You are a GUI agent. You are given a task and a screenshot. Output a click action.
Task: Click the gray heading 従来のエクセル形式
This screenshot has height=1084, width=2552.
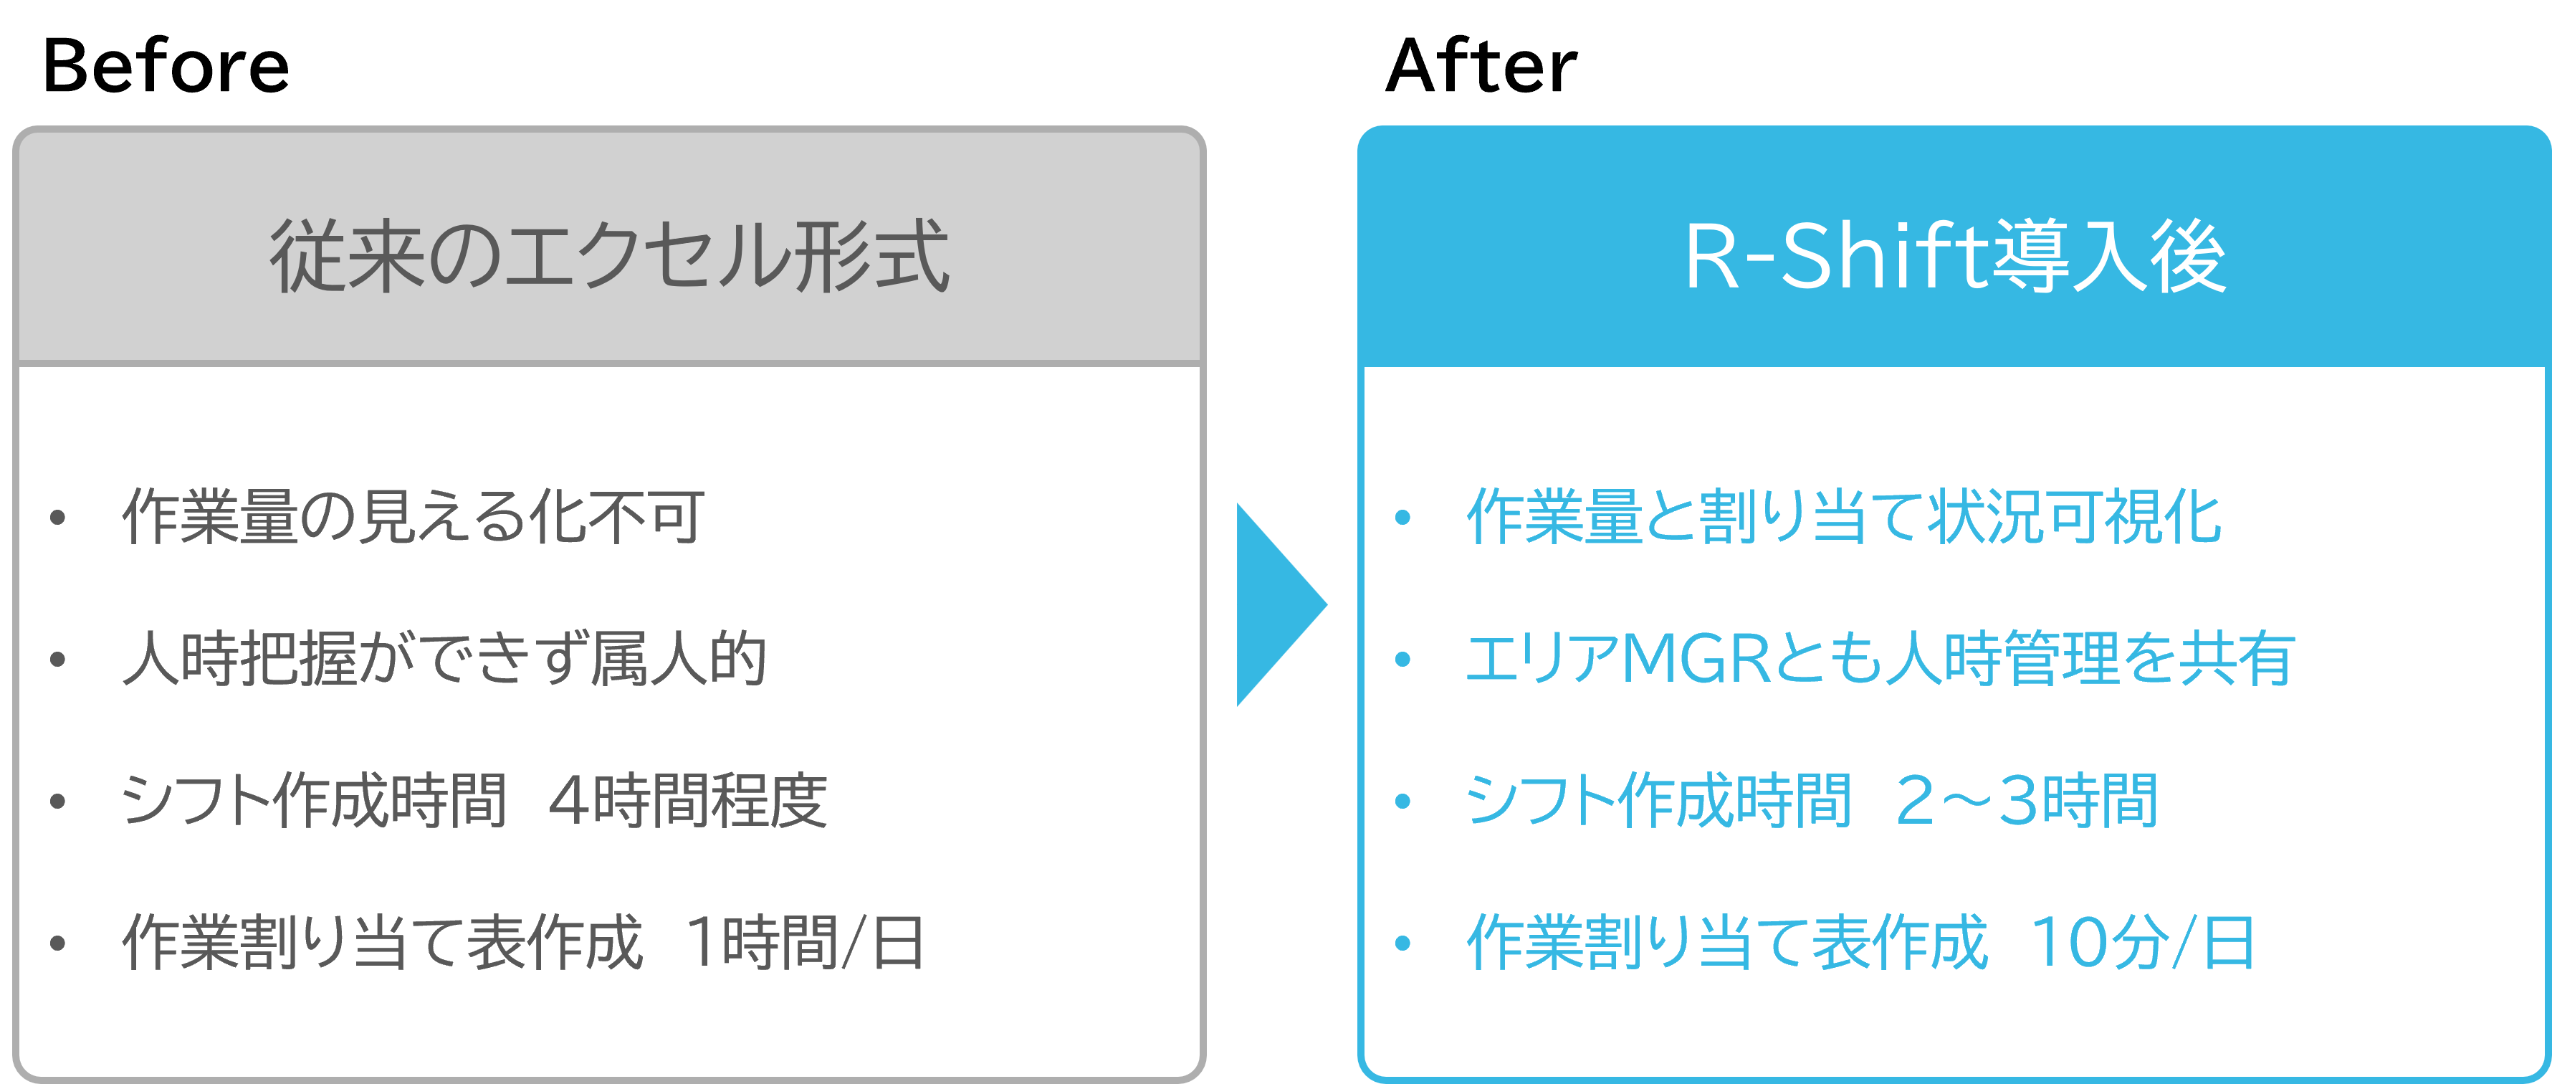[609, 256]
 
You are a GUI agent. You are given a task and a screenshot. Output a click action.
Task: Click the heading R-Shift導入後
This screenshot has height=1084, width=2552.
[1954, 256]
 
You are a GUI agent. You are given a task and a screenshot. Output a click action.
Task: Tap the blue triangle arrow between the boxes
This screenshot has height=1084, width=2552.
[1278, 604]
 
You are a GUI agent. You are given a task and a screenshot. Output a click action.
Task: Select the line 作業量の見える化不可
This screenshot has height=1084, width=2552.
[412, 516]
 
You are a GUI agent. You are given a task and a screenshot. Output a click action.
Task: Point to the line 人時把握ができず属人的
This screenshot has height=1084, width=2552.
[444, 658]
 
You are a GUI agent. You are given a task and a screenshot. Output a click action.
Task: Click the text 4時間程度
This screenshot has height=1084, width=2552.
[687, 801]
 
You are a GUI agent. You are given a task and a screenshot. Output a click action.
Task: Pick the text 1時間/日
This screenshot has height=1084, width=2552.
[804, 942]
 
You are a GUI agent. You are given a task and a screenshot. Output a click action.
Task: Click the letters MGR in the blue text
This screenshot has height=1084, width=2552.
[1696, 658]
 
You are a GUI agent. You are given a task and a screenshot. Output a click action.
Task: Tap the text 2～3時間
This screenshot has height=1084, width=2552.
[2026, 801]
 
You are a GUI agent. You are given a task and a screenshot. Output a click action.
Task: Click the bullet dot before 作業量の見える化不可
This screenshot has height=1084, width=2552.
[57, 517]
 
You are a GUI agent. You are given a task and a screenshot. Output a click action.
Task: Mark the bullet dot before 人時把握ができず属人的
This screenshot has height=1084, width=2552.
[57, 660]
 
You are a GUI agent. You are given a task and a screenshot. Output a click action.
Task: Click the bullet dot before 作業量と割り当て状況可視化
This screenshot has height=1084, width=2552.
[1402, 517]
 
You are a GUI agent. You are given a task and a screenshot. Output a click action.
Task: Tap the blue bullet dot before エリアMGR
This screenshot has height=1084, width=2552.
[1402, 660]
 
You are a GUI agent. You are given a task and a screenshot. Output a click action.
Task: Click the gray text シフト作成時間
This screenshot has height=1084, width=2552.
[313, 801]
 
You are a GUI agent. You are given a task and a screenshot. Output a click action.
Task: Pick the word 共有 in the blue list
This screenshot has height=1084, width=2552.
[2237, 658]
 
